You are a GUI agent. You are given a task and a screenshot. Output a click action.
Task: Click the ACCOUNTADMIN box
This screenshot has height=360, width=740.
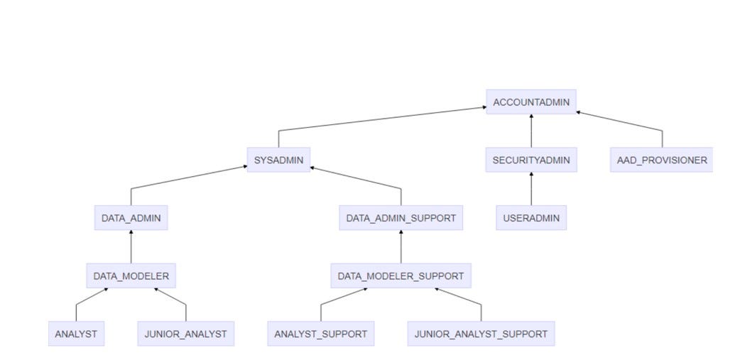(x=531, y=102)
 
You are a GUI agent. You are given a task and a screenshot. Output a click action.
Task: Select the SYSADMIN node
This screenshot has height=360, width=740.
(x=278, y=160)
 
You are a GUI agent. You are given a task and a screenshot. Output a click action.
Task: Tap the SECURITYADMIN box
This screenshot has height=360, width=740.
(x=531, y=160)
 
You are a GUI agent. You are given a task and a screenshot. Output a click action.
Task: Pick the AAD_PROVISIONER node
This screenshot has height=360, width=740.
(x=662, y=160)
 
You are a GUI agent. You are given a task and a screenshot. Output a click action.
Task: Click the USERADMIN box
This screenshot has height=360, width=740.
(x=531, y=218)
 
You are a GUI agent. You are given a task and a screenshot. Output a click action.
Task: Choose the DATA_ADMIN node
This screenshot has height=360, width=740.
(x=131, y=218)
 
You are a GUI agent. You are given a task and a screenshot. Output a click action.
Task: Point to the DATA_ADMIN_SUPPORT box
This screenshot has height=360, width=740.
(x=401, y=218)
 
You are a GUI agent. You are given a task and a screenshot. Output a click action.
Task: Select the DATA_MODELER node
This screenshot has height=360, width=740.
(x=131, y=276)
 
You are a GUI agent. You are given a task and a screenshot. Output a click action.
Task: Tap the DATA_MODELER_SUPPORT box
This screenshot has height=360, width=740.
(x=401, y=276)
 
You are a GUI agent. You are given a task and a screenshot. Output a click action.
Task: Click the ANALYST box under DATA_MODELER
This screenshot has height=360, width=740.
(x=76, y=333)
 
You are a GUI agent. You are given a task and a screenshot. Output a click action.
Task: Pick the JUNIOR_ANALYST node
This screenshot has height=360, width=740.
(x=186, y=333)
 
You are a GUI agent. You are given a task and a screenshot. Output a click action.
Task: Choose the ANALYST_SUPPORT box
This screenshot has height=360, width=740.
(x=320, y=333)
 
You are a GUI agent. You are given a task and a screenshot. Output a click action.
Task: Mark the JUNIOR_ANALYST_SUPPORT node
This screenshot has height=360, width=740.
(x=481, y=333)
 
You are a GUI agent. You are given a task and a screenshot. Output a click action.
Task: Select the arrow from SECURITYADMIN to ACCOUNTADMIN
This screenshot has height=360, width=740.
(x=531, y=131)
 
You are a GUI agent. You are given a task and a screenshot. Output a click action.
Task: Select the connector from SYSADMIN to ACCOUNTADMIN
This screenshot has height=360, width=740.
(x=383, y=119)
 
